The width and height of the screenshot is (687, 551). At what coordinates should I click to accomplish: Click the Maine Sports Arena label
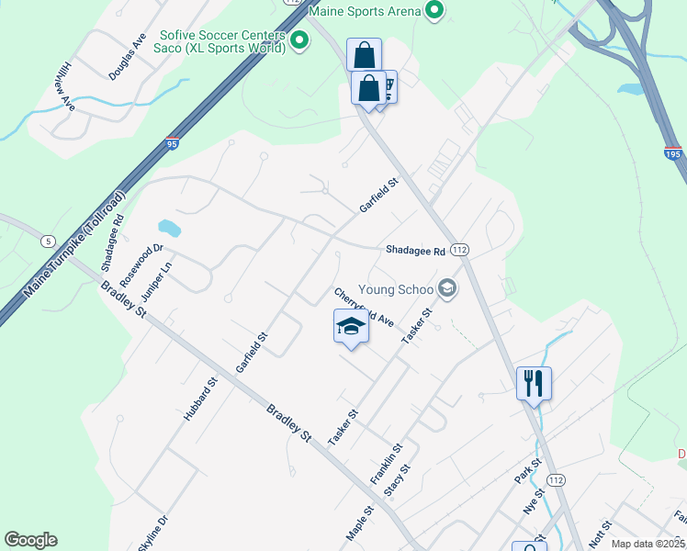(x=366, y=12)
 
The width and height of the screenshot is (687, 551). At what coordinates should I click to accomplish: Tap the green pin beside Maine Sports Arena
(x=435, y=12)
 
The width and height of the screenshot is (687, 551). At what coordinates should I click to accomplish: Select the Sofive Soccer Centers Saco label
(x=220, y=39)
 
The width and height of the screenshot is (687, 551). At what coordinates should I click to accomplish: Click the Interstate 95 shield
(x=173, y=143)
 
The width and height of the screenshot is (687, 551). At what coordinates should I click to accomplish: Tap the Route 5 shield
(x=46, y=241)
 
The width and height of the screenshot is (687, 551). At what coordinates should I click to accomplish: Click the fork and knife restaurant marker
(x=534, y=382)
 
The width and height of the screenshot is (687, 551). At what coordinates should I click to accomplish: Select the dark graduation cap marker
(x=350, y=327)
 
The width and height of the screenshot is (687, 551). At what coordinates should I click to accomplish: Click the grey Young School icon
(x=447, y=289)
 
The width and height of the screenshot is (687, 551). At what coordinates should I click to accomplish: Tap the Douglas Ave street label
(x=127, y=58)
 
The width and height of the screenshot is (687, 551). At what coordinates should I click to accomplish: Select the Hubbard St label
(x=199, y=399)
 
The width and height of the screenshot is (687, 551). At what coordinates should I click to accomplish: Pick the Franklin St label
(x=386, y=464)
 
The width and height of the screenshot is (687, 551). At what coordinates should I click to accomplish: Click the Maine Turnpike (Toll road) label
(x=74, y=242)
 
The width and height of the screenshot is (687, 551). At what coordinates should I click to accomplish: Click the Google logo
(x=30, y=540)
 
